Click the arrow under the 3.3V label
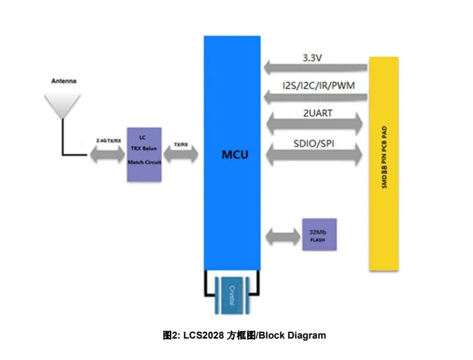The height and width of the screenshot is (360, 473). [315, 68]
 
